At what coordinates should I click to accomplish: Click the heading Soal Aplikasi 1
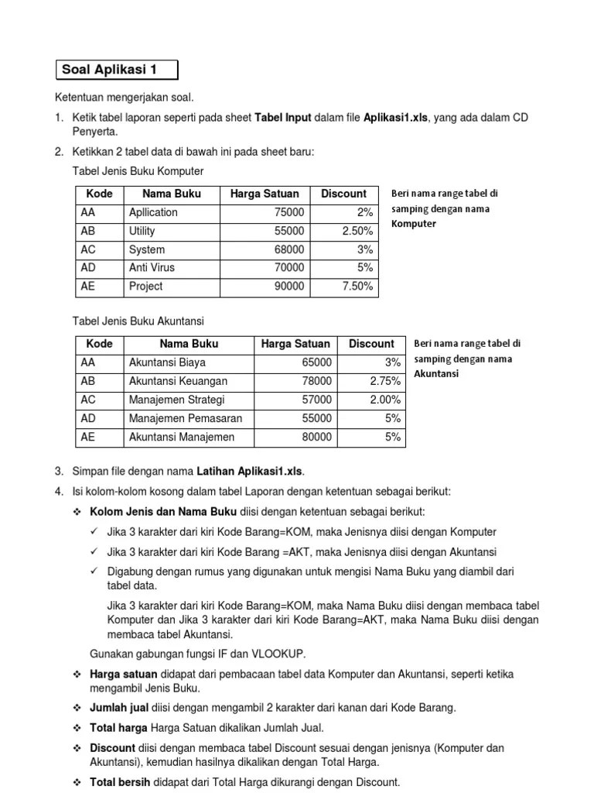pos(109,70)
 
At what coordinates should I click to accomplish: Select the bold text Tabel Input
pos(283,118)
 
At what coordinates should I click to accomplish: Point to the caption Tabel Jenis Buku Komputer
pos(138,170)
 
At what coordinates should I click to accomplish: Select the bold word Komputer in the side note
pos(414,224)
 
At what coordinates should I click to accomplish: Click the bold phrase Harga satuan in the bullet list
pos(124,675)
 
